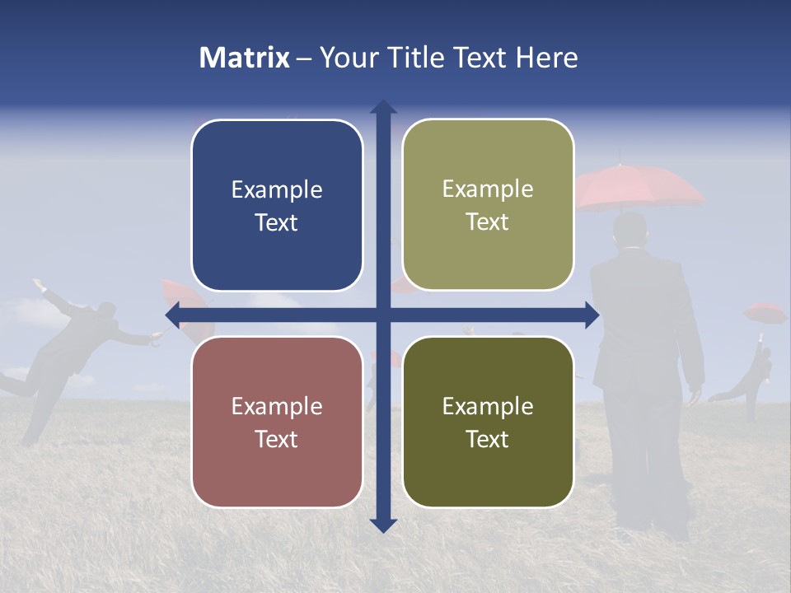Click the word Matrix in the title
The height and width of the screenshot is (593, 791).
click(245, 58)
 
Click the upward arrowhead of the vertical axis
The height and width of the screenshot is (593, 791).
click(383, 107)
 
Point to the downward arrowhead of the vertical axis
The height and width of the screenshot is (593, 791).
click(383, 525)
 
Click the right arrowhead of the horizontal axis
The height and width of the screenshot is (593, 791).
click(592, 315)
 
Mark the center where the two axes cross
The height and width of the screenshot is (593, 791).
click(383, 315)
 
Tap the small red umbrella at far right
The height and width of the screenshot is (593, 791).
click(765, 312)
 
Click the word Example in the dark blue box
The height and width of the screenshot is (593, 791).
click(277, 190)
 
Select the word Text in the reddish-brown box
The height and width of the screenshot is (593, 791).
click(277, 439)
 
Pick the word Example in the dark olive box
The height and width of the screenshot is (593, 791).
click(488, 406)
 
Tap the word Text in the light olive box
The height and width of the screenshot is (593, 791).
click(488, 222)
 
